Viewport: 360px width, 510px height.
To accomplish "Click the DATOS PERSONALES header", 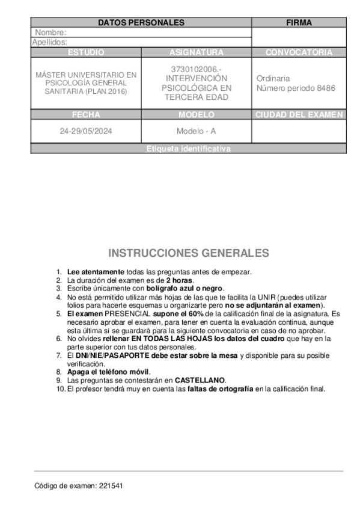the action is coord(141,22).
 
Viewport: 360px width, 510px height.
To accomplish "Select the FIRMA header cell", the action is coord(299,22).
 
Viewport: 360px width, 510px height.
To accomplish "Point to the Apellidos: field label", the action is coord(49,42).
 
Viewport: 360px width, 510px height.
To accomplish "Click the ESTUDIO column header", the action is coord(86,52).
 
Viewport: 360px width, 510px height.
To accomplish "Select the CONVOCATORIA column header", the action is coord(299,52).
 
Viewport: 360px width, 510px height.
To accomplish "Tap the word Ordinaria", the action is coord(273,78).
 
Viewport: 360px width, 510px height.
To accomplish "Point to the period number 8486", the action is coord(325,88).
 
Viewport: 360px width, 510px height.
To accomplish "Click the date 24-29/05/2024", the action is coord(86,131).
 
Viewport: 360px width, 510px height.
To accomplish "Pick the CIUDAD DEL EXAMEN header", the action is coord(299,114).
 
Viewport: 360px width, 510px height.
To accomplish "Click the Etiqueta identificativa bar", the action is coord(188,149).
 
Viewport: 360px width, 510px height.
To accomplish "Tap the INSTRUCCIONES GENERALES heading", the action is coord(189,253).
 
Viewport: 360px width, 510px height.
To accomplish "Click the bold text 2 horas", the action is coord(180,280).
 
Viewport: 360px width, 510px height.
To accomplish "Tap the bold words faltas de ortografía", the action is coord(221,389).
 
